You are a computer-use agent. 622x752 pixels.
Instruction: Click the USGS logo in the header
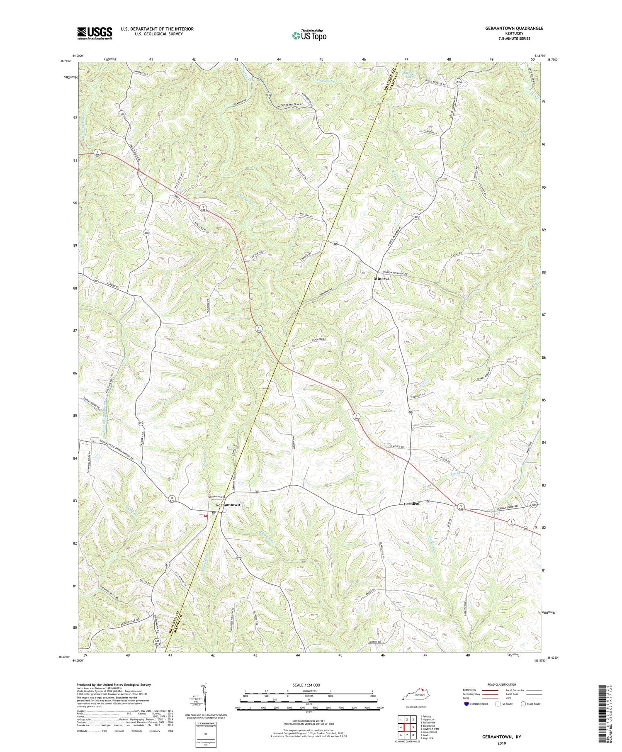(95, 33)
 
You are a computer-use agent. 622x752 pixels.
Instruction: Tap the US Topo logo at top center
(309, 35)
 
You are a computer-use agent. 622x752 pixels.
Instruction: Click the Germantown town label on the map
(228, 505)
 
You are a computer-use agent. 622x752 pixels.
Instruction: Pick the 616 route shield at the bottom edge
(157, 641)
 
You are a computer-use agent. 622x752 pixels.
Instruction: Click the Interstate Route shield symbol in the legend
(467, 703)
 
